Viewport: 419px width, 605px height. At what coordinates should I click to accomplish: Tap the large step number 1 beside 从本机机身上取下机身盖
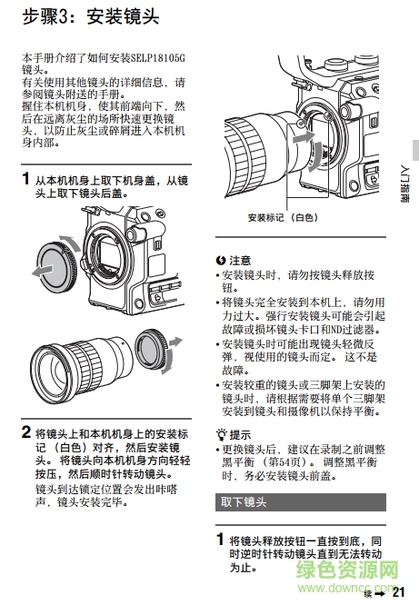tap(25, 180)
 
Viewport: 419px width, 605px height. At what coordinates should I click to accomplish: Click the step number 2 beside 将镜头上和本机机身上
tap(25, 431)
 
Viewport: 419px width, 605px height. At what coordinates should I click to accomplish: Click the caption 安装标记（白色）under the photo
tap(283, 218)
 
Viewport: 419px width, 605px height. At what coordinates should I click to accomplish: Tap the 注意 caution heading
tap(234, 260)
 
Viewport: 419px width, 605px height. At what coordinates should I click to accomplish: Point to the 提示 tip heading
tap(234, 433)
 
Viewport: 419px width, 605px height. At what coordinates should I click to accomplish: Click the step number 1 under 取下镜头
tap(220, 539)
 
